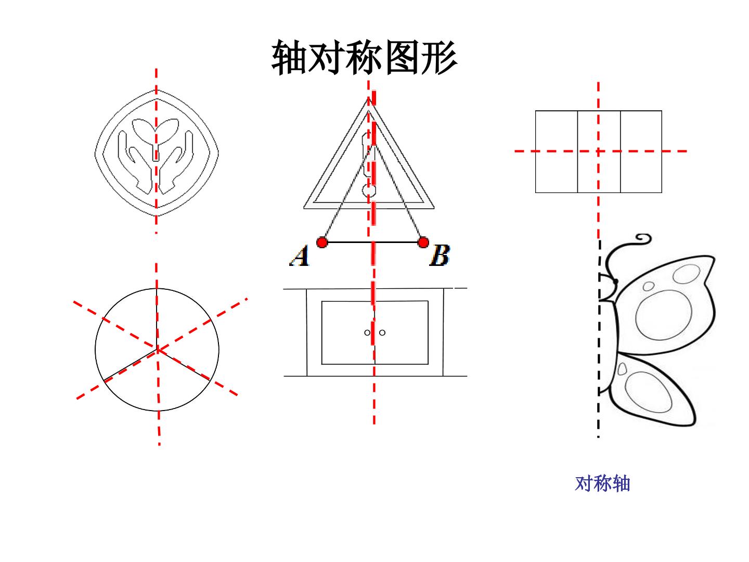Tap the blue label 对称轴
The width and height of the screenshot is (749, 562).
(x=602, y=483)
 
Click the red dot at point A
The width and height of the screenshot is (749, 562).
(x=322, y=242)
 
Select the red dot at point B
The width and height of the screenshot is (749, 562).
(x=423, y=242)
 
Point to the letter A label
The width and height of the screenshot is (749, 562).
(x=300, y=256)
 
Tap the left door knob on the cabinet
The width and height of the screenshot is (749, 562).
(x=367, y=333)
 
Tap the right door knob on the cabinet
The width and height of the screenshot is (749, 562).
(x=382, y=333)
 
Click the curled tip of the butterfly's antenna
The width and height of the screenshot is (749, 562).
(x=644, y=238)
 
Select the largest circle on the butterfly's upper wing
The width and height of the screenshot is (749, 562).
(x=663, y=315)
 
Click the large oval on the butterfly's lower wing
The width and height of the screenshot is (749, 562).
(x=648, y=392)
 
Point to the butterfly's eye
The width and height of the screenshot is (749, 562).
(x=616, y=282)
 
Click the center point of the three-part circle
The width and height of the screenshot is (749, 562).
(x=157, y=349)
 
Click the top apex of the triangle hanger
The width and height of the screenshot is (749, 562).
(x=369, y=98)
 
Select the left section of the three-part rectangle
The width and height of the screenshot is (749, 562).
(x=556, y=151)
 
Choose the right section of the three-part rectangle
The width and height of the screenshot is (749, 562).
(x=641, y=151)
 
